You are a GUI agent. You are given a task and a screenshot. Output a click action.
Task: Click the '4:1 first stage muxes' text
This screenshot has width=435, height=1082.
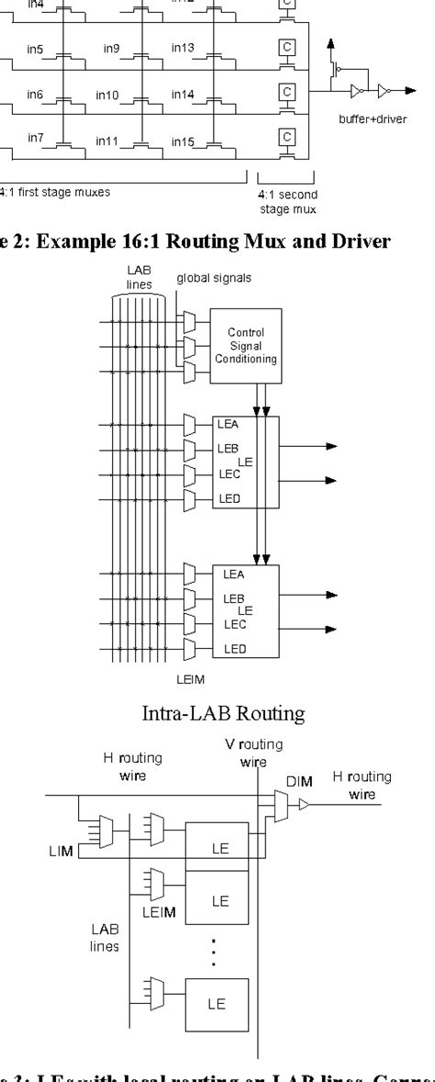(x=42, y=194)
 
